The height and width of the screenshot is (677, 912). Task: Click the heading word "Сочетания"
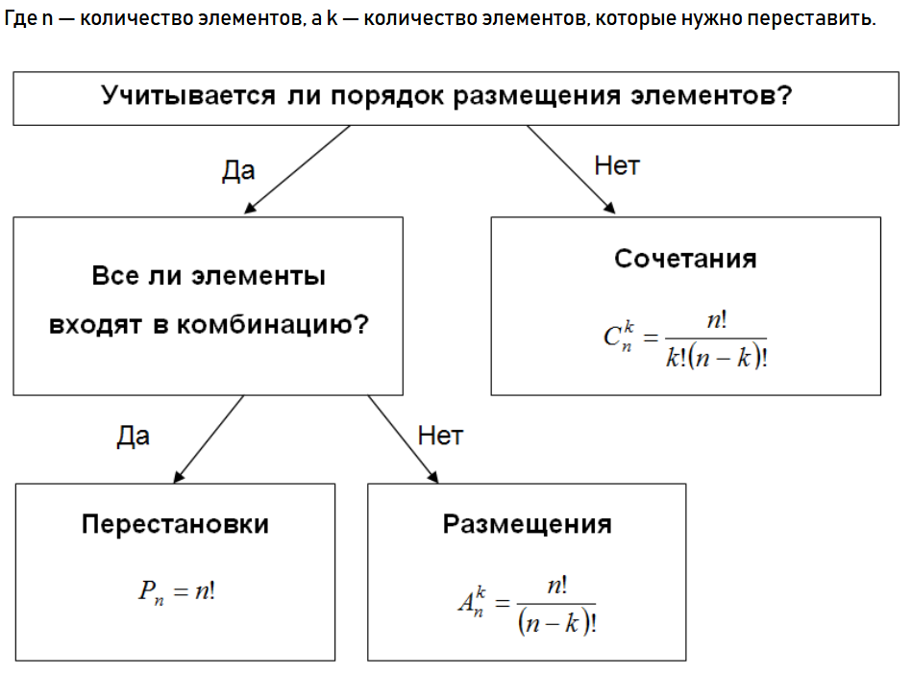[x=685, y=259]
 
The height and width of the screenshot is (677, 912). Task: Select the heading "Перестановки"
[x=175, y=524]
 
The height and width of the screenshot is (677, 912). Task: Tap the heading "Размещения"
[x=527, y=524]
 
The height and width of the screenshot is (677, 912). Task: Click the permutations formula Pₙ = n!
[x=176, y=590]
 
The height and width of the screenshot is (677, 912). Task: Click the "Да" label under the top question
[x=238, y=170]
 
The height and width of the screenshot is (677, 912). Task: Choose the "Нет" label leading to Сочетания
[x=617, y=165]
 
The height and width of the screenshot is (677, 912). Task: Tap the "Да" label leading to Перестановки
[x=134, y=437]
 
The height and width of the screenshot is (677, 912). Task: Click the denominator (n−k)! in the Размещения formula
[x=555, y=623]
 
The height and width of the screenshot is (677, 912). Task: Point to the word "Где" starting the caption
[x=21, y=20]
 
